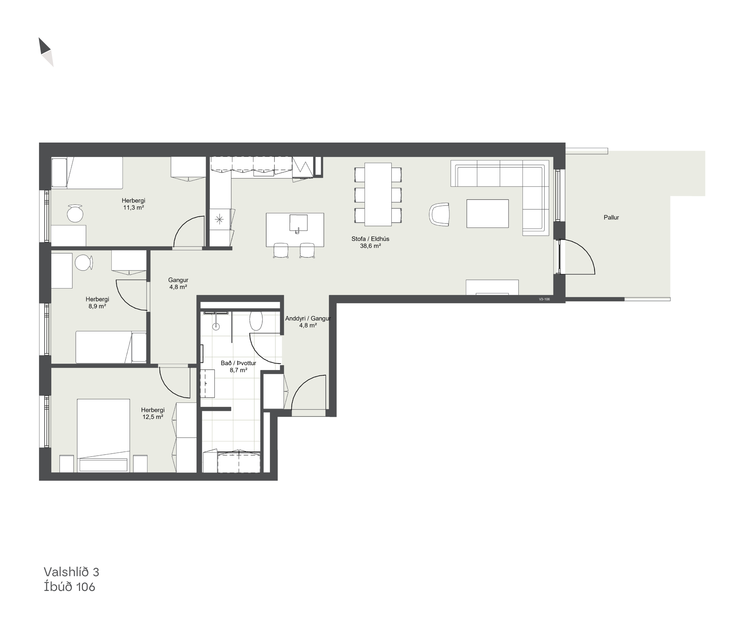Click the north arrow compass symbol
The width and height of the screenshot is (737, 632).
tap(46, 52)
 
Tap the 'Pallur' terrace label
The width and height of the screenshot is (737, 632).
tap(611, 217)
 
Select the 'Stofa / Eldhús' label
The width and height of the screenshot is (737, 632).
tap(370, 239)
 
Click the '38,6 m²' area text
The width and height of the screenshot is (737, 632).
tap(370, 246)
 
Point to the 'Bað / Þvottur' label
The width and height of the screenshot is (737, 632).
tap(238, 363)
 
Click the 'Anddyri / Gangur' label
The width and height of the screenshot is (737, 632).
tap(308, 318)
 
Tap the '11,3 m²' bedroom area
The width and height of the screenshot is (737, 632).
tap(133, 208)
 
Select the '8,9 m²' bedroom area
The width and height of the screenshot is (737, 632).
tap(97, 307)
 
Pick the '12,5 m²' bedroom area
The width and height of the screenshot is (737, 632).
tap(153, 417)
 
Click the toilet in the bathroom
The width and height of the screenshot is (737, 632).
tap(256, 320)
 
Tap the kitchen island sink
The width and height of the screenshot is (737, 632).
tap(298, 223)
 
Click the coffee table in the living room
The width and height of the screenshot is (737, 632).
tap(487, 213)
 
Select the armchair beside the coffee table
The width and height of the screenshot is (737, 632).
tap(439, 214)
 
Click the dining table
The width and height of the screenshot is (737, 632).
tap(378, 194)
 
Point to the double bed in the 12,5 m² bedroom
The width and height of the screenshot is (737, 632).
tap(103, 436)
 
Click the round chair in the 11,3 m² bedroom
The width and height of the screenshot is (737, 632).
tap(75, 213)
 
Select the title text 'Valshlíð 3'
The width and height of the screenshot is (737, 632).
tap(71, 572)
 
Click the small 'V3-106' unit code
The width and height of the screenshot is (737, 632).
tap(544, 299)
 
